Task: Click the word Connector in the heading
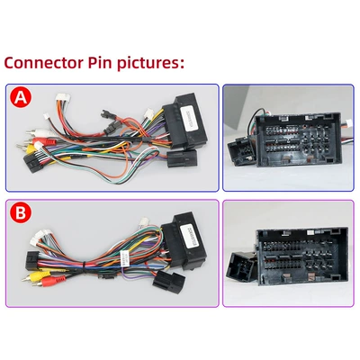pos(43,63)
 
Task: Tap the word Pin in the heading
pos(100,62)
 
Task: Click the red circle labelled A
pos(21,97)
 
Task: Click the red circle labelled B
pos(21,212)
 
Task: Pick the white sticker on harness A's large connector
pos(189,118)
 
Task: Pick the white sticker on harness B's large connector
pos(188,236)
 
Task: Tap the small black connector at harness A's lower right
pos(182,158)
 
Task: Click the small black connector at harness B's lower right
pos(169,282)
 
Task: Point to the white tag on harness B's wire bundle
pos(124,258)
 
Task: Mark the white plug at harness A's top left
pos(63,99)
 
